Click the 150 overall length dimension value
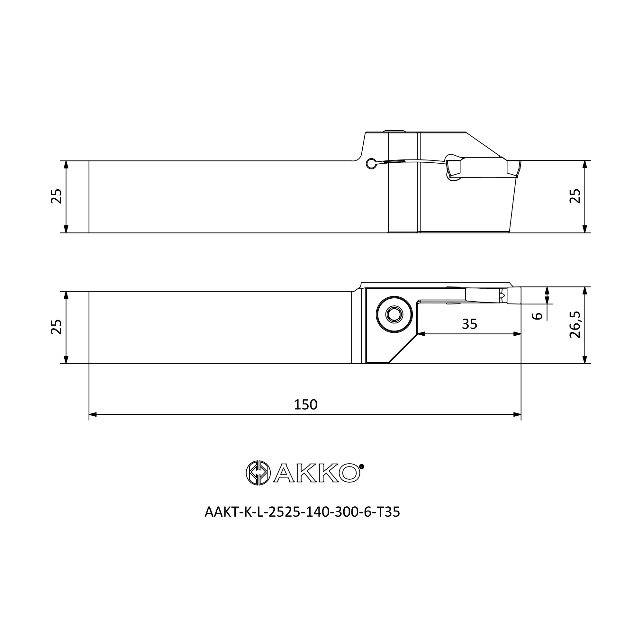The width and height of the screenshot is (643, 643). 305,404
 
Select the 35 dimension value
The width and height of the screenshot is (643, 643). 470,324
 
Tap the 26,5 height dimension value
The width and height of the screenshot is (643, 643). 575,324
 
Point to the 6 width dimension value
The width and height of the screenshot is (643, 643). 537,316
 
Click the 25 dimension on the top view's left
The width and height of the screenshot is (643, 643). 56,196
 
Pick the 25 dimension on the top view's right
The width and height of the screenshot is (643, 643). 575,196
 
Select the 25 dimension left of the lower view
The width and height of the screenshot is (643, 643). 56,327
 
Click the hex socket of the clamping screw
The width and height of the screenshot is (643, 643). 394,314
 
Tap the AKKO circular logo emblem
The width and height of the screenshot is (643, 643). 258,473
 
